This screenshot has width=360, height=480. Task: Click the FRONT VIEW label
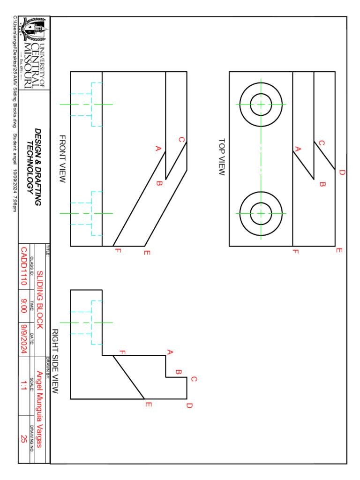62,159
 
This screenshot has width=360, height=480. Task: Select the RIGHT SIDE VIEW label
54,361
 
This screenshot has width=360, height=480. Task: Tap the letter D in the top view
342,172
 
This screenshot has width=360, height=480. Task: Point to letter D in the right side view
189,405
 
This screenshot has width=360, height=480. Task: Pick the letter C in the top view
322,143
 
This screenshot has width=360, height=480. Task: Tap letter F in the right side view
123,352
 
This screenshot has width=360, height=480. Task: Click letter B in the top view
322,184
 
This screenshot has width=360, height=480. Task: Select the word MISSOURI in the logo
28,63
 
